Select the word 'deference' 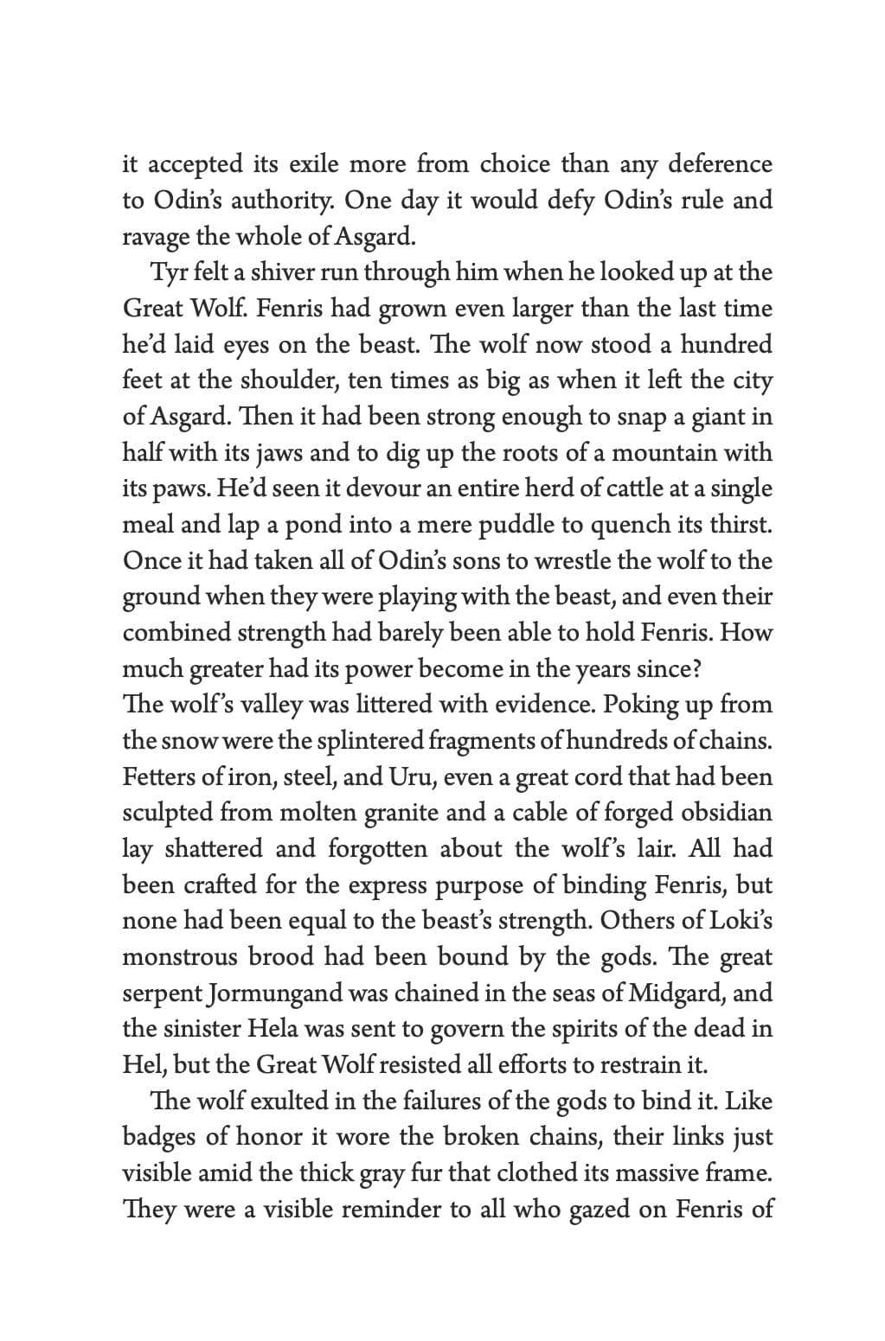click(721, 163)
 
